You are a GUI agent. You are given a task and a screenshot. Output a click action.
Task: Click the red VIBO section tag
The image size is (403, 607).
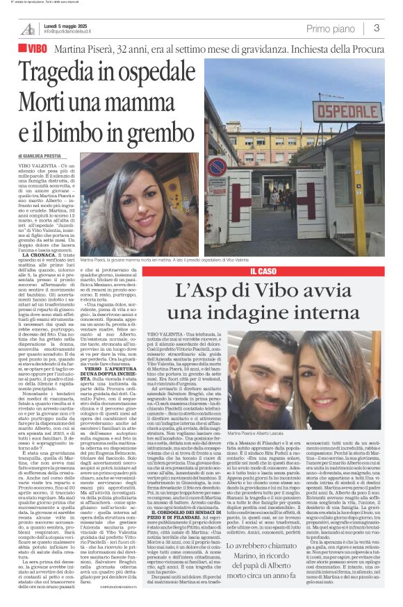tap(34, 50)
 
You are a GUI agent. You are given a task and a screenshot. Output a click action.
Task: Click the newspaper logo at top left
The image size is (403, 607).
tap(27, 28)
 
